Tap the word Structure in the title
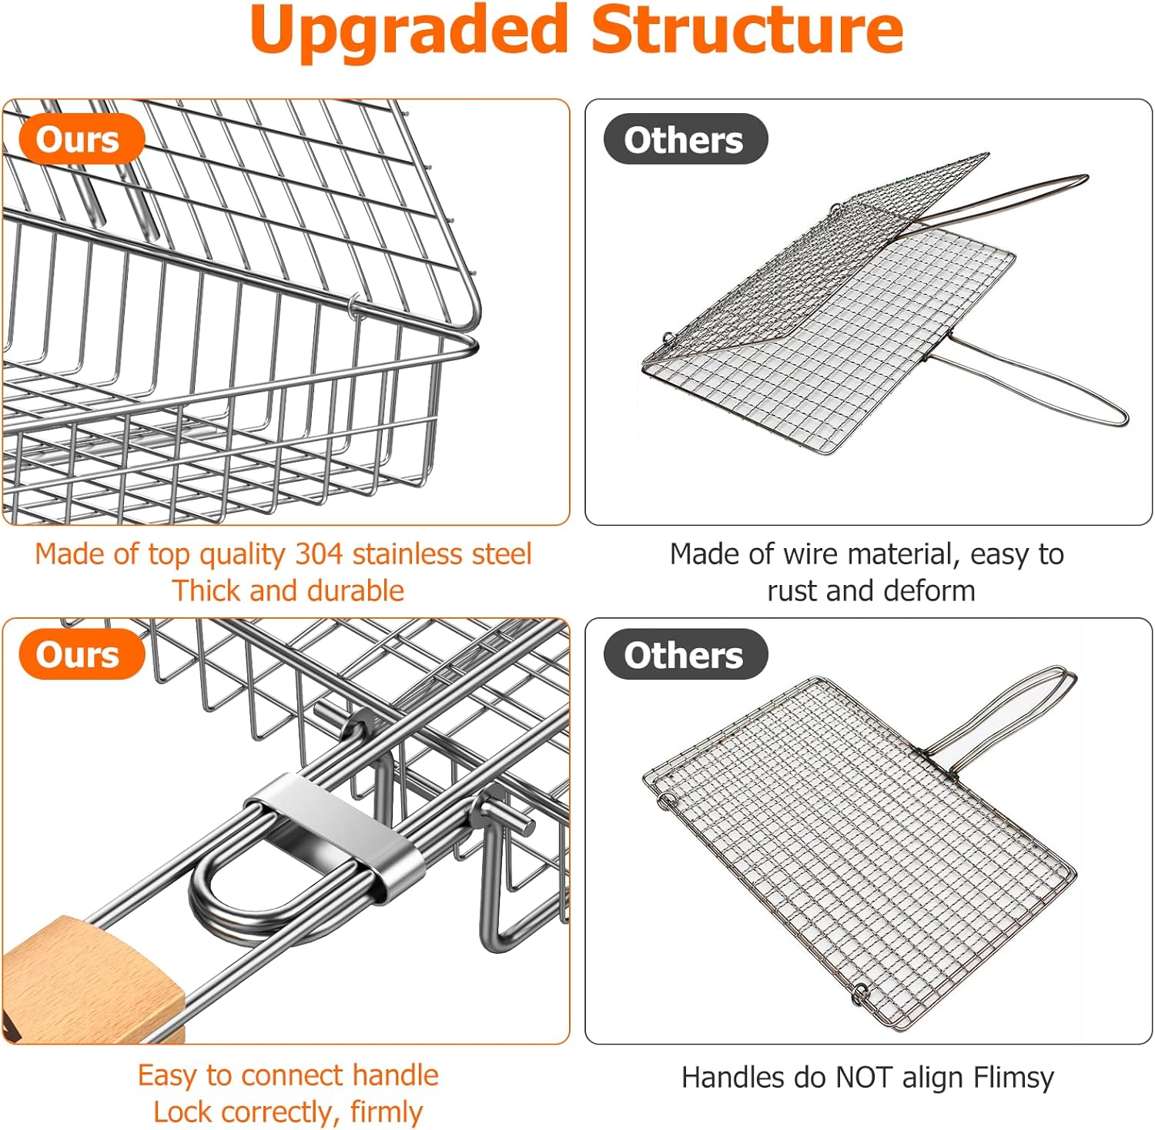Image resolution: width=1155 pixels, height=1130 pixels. pyautogui.click(x=747, y=31)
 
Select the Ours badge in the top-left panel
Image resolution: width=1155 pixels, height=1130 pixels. pyautogui.click(x=80, y=139)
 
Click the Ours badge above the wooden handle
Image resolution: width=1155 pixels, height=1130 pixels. pyautogui.click(x=80, y=655)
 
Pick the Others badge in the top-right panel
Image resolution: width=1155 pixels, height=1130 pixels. pyautogui.click(x=685, y=139)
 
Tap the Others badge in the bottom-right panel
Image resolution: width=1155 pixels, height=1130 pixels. pyautogui.click(x=685, y=655)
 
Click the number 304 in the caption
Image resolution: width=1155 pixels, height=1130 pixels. pyautogui.click(x=320, y=554)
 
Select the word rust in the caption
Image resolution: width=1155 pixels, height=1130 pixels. pyautogui.click(x=792, y=591)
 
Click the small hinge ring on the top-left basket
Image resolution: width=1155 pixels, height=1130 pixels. pyautogui.click(x=353, y=306)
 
